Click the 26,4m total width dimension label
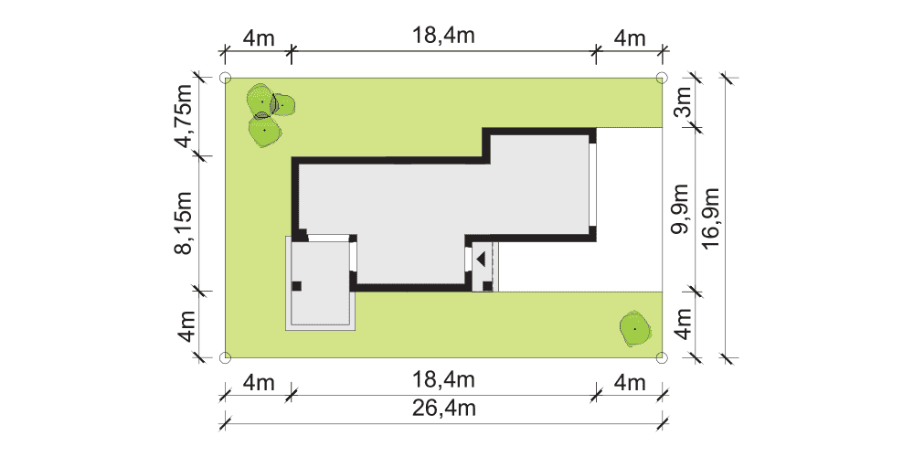pos(444,409)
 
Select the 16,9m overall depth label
pos(711,218)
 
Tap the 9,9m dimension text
pos(680,208)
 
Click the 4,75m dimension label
pos(186,117)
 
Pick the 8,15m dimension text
pos(186,223)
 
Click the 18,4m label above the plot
pos(444,36)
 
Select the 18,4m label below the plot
pos(444,380)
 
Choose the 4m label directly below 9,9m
pos(683,324)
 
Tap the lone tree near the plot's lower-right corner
pos(635,329)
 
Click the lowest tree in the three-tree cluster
pos(265,131)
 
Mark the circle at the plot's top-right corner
pos(661,77)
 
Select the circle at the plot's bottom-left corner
pos(225,357)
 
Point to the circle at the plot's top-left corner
pos(225,78)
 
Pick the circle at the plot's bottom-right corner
pos(661,357)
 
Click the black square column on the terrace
pos(296,285)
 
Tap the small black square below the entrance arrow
pos(487,285)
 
